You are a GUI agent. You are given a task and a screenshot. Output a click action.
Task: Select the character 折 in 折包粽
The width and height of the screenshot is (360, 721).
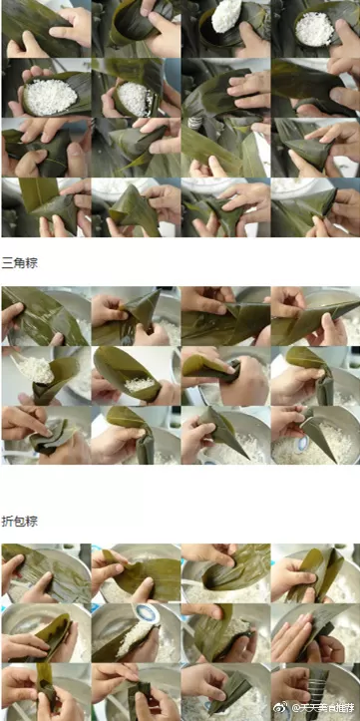tap(8, 521)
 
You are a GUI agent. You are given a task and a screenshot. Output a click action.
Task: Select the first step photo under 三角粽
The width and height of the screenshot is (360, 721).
tap(45, 315)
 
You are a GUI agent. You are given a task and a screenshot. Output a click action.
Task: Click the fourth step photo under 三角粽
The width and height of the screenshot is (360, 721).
tap(314, 315)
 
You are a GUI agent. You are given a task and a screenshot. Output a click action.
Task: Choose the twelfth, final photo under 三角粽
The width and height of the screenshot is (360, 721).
tap(314, 434)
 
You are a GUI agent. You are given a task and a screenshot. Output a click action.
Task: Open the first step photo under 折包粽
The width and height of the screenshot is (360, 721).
tap(45, 572)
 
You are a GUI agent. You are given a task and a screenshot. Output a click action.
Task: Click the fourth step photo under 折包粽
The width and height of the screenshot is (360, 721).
tap(314, 572)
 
